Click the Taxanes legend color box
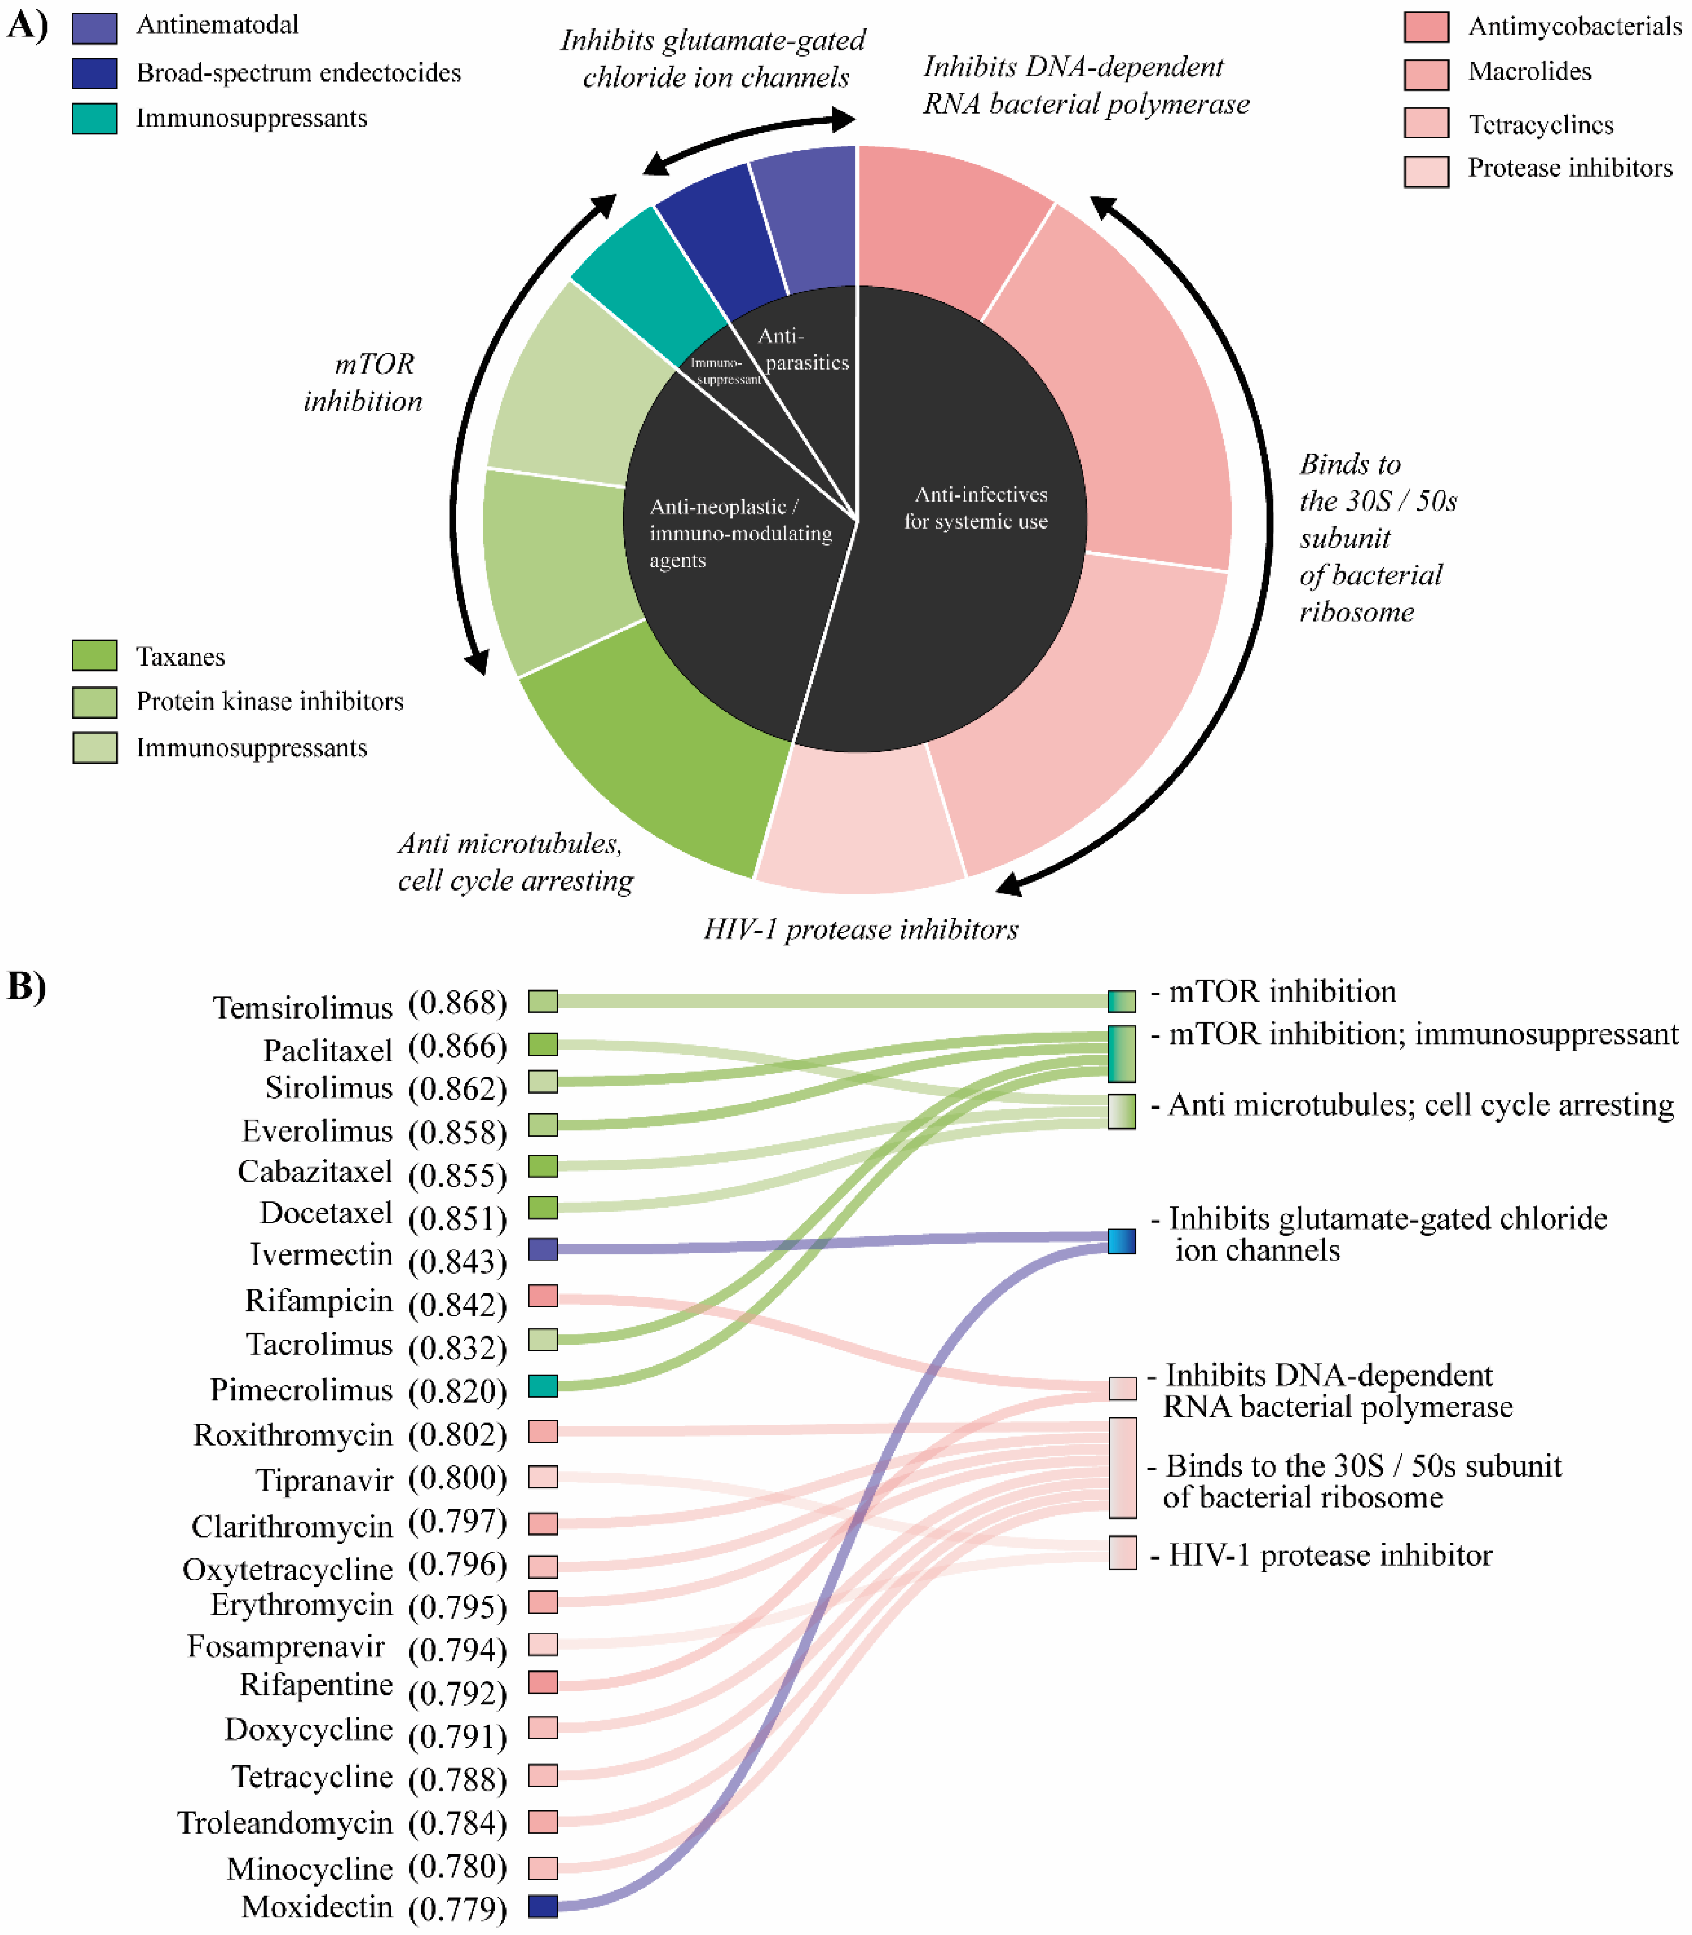click(x=94, y=656)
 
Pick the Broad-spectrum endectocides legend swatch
click(x=94, y=73)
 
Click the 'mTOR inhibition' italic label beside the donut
click(x=364, y=383)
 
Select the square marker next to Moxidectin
click(x=543, y=1906)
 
